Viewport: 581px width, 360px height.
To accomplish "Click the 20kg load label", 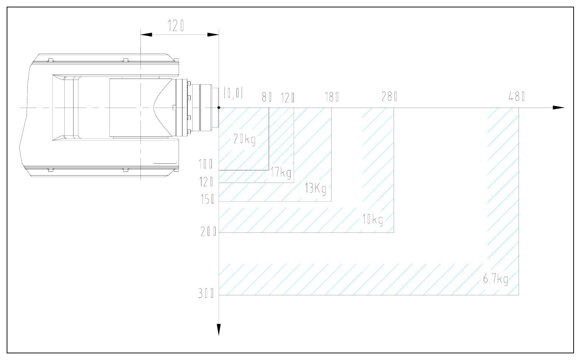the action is (244, 139).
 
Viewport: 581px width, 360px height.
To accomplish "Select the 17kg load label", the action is (281, 173).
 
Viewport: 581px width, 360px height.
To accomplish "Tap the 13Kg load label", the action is (315, 189).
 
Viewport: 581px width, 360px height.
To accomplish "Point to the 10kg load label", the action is (373, 220).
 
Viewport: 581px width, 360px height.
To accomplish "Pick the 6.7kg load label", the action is (495, 279).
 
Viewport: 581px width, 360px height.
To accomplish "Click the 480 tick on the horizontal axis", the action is (517, 96).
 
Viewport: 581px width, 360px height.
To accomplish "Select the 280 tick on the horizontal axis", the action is (389, 96).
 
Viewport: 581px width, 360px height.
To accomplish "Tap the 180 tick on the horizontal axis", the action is (332, 97).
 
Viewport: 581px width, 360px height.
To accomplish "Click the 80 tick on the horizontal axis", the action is (266, 97).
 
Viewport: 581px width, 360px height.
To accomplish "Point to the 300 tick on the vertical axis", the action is (206, 293).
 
